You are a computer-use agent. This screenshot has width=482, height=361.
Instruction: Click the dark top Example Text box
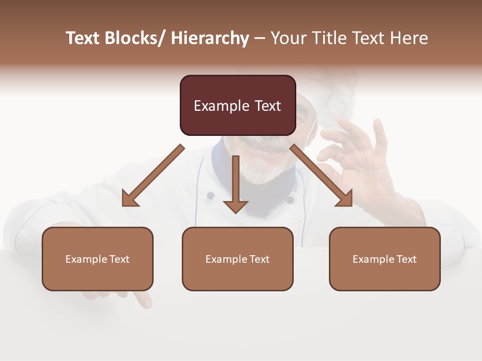[237, 105]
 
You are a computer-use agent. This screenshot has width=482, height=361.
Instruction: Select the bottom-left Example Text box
[97, 259]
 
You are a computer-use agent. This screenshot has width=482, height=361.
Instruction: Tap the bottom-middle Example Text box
[237, 259]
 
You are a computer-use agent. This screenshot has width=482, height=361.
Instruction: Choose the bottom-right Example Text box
[385, 259]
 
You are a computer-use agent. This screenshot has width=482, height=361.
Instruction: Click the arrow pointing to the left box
[153, 175]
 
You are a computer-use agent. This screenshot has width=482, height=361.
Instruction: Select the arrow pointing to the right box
[321, 175]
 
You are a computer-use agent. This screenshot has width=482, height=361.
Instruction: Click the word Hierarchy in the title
[210, 38]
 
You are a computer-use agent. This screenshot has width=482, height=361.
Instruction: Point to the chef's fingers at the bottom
[143, 299]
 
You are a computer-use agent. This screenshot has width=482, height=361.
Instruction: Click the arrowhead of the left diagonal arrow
[130, 200]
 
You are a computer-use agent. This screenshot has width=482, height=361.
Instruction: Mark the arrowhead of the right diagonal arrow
[345, 199]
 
